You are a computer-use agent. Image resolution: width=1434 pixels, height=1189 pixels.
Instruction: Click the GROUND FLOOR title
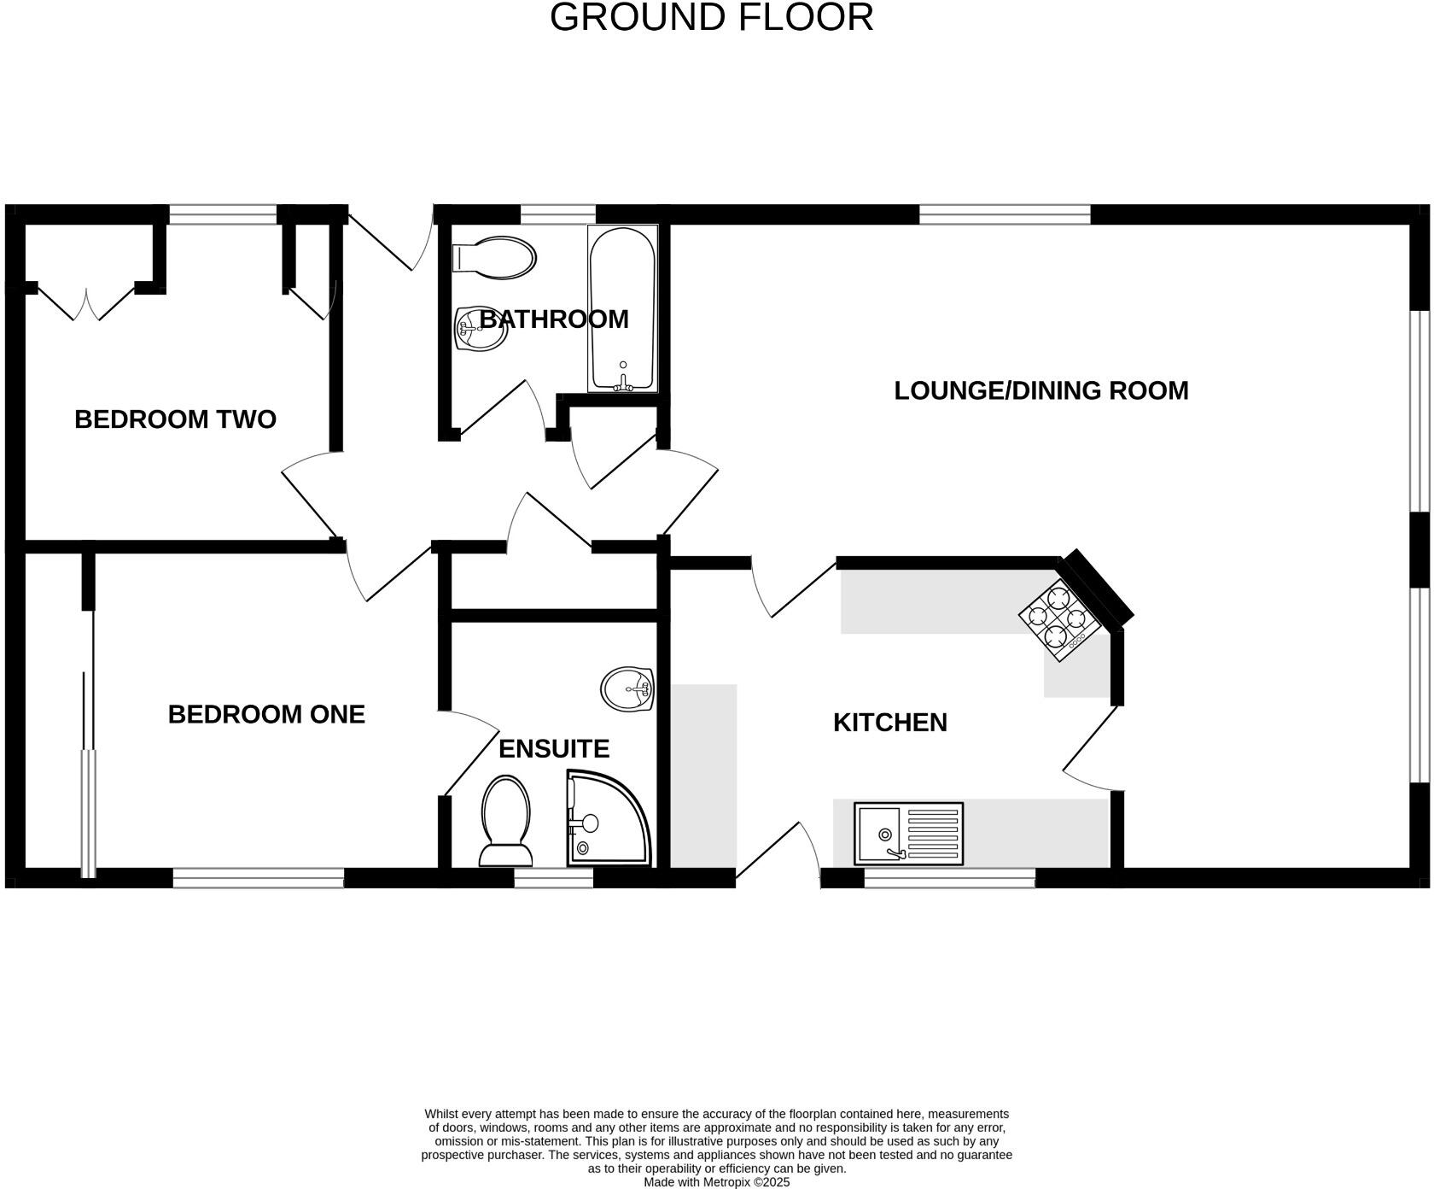coord(711,17)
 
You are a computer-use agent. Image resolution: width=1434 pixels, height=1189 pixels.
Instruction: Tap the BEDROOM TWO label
coord(175,419)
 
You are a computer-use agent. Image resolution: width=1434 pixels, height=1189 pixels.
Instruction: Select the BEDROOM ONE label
coord(266,714)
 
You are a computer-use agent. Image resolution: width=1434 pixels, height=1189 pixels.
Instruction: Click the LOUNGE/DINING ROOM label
coord(1041,390)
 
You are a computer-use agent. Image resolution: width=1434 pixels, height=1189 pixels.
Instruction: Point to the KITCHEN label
coord(889,723)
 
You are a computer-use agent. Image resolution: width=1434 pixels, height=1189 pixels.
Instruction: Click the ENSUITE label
coord(553,749)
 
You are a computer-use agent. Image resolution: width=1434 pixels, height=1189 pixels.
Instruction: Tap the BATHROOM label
coord(554,319)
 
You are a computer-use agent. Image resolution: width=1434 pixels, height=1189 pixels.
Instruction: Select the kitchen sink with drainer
coord(908,833)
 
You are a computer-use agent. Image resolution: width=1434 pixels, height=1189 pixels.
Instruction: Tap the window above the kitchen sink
coord(949,878)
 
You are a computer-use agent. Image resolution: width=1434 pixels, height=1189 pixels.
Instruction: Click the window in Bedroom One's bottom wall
coord(258,878)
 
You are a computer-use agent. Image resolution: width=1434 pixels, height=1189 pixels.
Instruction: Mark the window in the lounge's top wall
coord(1005,214)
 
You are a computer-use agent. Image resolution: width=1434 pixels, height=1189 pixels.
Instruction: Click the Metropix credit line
coord(716,1182)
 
